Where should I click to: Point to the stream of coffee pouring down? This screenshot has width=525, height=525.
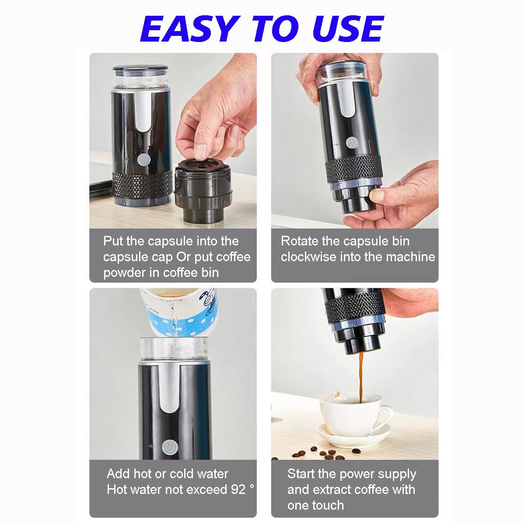361,377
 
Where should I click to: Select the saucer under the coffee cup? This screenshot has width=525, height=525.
354,435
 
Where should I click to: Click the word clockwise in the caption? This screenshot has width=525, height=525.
308,257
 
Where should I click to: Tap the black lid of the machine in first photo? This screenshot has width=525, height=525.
140,70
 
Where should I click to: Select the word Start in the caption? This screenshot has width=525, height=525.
301,474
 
